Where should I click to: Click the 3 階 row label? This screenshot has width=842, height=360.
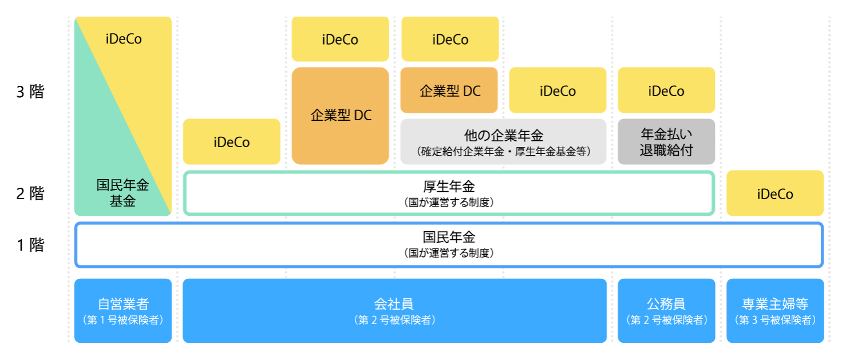30,92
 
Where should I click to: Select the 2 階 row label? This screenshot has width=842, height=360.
30,193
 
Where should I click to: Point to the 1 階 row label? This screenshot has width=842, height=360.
30,245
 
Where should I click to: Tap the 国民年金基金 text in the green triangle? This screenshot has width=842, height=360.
122,193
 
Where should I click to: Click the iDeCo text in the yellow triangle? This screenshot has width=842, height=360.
124,39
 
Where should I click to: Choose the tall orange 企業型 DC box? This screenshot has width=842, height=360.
341,116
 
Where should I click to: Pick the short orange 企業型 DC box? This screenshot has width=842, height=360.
450,90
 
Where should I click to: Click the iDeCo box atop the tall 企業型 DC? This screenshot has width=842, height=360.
341,39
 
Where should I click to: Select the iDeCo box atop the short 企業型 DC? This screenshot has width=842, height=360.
450,39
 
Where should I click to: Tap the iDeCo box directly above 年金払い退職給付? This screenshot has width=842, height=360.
666,90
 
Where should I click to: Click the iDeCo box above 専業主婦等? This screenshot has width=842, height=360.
775,193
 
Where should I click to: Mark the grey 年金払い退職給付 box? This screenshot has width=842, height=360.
666,141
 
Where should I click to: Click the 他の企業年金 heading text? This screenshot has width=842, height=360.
503,136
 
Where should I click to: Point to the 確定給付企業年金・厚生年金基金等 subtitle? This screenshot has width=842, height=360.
503,152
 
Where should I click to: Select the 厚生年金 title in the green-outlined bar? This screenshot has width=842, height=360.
449,186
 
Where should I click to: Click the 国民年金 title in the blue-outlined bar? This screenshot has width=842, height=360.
449,236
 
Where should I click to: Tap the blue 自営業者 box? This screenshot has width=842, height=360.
123,311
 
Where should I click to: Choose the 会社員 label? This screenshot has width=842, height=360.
394,304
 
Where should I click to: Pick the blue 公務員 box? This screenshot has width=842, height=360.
666,311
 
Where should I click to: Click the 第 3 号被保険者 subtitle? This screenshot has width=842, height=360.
775,321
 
